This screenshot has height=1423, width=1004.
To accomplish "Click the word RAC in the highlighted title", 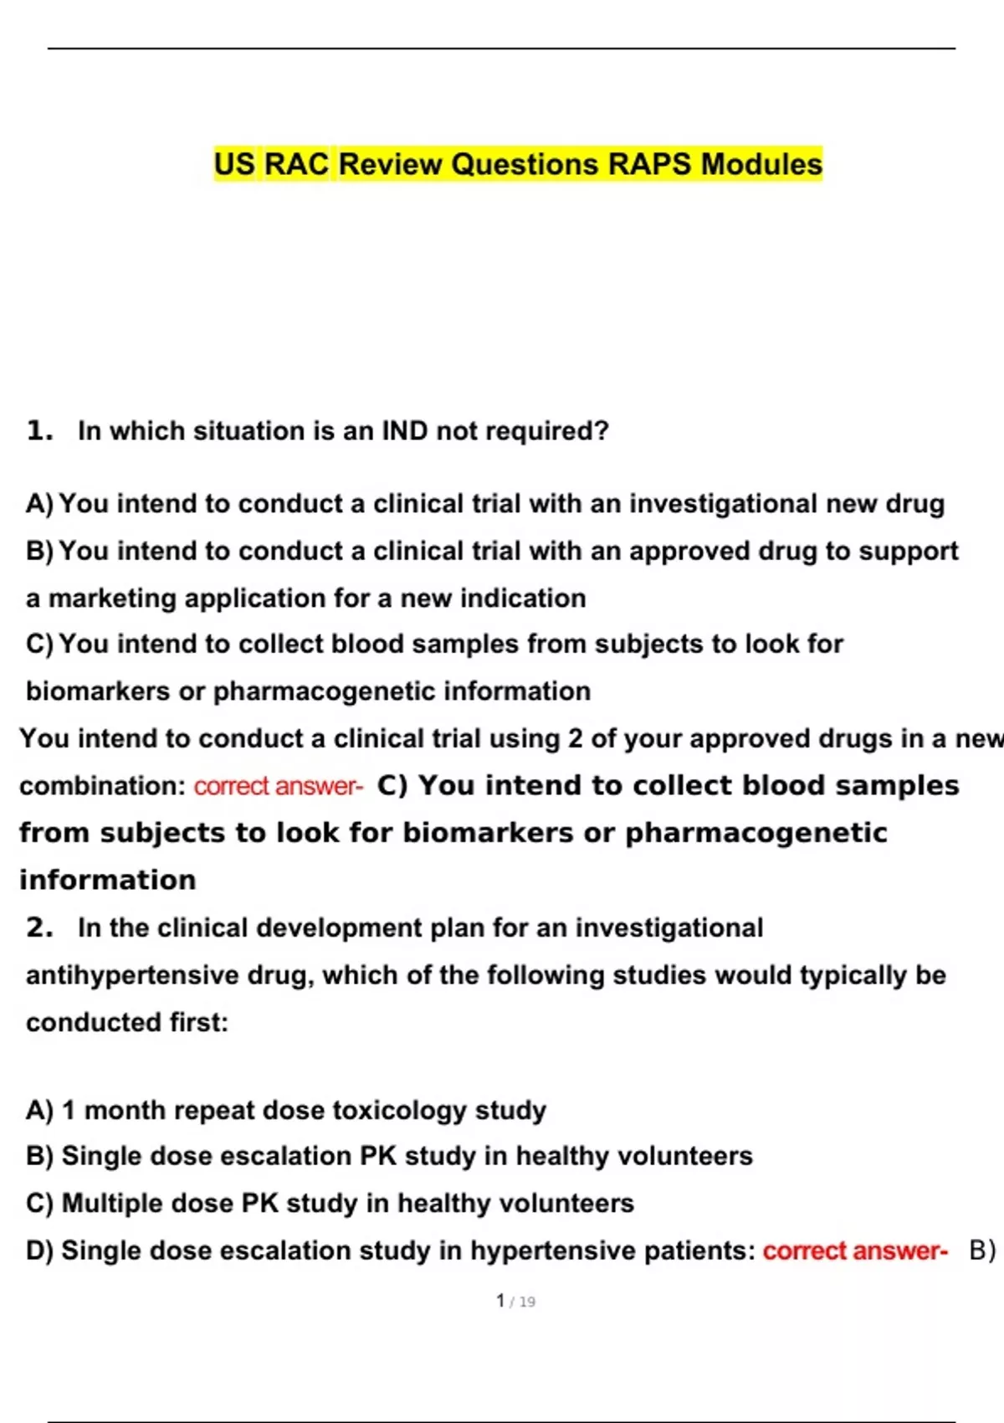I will [x=297, y=164].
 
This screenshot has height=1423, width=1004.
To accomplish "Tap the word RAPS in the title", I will [x=649, y=164].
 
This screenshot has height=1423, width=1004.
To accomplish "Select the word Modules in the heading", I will [x=761, y=164].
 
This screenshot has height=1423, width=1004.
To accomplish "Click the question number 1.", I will [x=39, y=431].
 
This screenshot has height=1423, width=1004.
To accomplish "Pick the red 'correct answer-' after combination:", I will [x=279, y=786].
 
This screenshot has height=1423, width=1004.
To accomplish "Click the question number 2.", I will [x=39, y=927].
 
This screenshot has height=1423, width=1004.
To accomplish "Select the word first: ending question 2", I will [x=199, y=1022].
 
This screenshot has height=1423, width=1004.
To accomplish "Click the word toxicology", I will [x=400, y=1110].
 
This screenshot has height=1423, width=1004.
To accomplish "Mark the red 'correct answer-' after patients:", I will [x=855, y=1251].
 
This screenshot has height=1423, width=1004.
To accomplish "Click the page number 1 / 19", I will [x=515, y=1301].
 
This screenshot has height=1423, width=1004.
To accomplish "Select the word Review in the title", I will [x=390, y=164].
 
